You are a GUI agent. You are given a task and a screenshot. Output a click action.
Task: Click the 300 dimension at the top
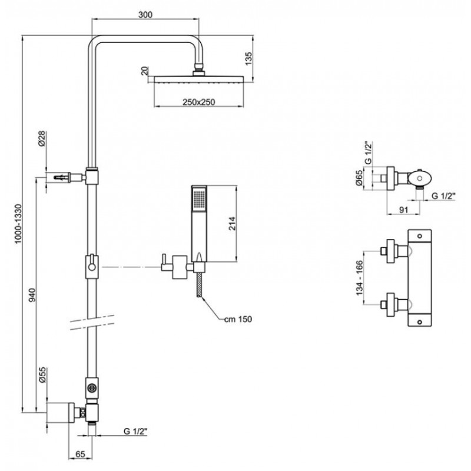click(x=145, y=14)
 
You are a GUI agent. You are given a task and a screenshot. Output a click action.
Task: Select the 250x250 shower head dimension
click(x=198, y=102)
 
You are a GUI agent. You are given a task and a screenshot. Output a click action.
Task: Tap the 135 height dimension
click(x=248, y=58)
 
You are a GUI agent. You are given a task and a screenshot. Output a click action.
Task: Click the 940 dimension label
click(x=32, y=295)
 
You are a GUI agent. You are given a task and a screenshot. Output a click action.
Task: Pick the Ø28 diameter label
click(x=41, y=138)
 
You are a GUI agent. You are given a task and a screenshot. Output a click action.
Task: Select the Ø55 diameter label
click(x=42, y=374)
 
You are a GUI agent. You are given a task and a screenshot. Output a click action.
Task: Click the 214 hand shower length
click(x=232, y=224)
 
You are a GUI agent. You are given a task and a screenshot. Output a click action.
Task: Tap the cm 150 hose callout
click(x=238, y=319)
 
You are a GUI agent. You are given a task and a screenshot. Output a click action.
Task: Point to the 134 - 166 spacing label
click(x=360, y=278)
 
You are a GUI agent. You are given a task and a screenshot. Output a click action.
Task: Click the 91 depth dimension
click(x=404, y=210)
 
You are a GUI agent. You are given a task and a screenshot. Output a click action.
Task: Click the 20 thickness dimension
click(x=145, y=71)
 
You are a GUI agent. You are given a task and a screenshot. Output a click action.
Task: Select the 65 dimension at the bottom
click(x=80, y=454)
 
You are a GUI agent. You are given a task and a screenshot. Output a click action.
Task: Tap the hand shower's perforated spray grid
click(x=199, y=200)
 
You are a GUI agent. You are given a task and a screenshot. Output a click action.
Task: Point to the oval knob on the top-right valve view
click(x=419, y=178)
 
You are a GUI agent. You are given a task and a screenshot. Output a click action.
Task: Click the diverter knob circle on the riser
click(x=91, y=388)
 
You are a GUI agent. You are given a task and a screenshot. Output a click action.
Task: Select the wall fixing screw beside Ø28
click(x=62, y=177)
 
